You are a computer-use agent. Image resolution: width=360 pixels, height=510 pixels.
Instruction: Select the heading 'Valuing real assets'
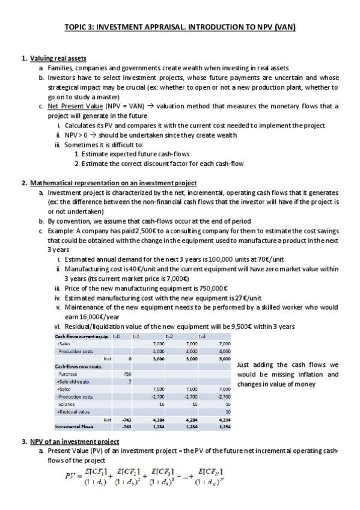[58, 58]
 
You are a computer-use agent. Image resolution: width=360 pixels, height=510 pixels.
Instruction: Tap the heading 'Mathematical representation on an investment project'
[113, 183]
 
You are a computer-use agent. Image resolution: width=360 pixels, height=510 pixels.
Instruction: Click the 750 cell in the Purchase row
[120, 373]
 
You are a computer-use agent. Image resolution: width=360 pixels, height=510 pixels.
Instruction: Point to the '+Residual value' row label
[74, 411]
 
